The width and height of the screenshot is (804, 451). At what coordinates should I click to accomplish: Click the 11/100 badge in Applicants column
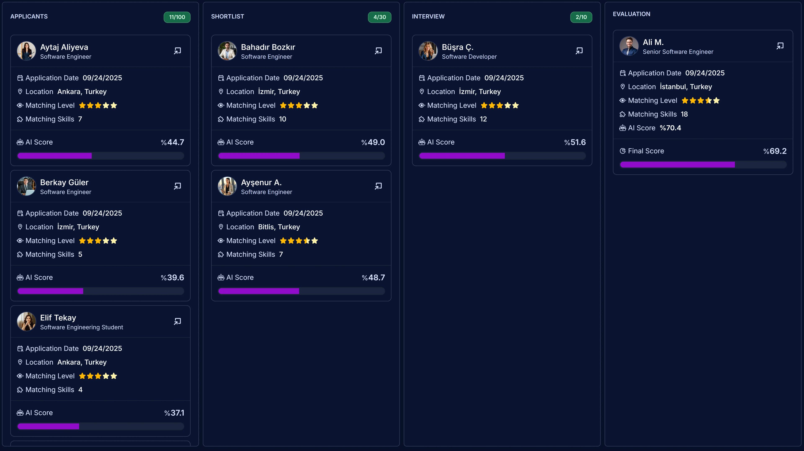tap(177, 17)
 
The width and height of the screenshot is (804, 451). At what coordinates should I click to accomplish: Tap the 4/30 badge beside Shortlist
tap(380, 17)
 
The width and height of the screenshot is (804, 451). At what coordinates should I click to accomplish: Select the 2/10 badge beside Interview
tap(581, 17)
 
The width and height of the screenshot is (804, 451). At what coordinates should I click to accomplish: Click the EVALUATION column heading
tap(631, 14)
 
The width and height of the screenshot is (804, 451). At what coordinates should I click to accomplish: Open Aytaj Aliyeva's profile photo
tap(26, 51)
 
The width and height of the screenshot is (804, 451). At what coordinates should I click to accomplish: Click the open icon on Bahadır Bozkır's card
tap(378, 51)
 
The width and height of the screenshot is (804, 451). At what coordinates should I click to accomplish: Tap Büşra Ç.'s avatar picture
tap(428, 51)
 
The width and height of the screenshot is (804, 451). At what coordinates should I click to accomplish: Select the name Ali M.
tap(653, 42)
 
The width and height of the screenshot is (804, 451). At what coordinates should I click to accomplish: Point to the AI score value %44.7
tap(172, 142)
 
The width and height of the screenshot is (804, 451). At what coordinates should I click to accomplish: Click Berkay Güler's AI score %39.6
tap(172, 277)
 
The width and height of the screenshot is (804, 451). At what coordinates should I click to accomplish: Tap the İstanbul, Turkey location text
tap(686, 87)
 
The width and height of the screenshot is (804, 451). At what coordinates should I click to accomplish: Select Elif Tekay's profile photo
tap(26, 321)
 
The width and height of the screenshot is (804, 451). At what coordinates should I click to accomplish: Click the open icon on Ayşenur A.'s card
tap(378, 186)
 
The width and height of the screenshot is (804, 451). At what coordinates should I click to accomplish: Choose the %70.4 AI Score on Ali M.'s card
tap(670, 128)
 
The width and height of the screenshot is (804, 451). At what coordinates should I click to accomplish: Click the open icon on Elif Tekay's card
tap(177, 321)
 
